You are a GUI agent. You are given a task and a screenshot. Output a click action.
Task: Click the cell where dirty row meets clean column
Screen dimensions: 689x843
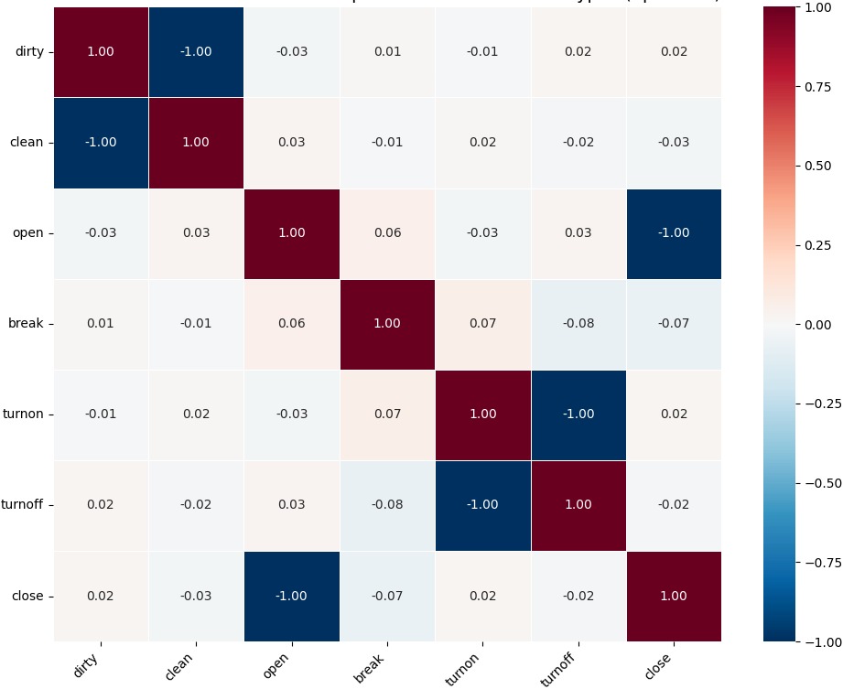pos(196,51)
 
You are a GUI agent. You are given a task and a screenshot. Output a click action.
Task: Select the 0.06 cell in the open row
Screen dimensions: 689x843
pos(387,233)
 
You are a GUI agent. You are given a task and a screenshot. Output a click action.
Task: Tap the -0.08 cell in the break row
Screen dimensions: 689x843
pos(578,324)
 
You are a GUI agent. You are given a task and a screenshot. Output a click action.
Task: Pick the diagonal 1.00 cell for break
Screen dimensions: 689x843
pos(387,324)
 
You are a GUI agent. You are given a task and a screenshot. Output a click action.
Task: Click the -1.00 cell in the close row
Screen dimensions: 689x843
pos(292,597)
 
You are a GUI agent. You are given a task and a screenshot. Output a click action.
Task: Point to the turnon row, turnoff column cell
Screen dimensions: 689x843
pos(578,414)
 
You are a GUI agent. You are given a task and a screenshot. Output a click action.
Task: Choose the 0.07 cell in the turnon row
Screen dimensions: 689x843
pos(387,414)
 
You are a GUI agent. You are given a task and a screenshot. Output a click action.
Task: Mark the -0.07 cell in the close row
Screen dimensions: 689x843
pos(387,597)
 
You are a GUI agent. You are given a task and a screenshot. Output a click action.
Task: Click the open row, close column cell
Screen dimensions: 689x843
pos(674,233)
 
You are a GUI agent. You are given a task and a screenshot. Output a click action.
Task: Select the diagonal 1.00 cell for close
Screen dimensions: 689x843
pos(674,597)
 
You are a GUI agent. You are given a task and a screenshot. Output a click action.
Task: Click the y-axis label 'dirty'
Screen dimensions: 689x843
pos(29,51)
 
